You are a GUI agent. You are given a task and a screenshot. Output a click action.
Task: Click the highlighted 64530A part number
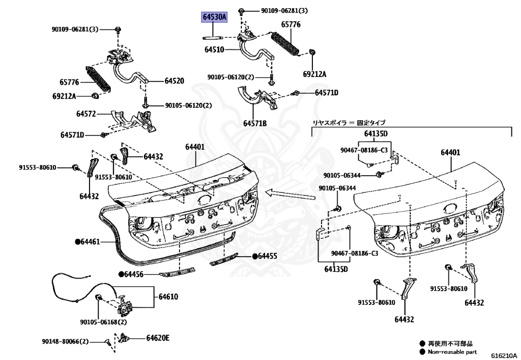214,17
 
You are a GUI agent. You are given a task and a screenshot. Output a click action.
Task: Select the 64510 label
214,50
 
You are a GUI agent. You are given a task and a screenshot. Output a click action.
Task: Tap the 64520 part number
174,80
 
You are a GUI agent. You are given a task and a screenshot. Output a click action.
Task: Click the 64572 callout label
86,114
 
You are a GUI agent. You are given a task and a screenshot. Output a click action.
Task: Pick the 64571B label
255,123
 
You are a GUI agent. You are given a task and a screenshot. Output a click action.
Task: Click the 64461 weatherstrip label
91,241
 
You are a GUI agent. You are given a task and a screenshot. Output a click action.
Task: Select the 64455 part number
268,256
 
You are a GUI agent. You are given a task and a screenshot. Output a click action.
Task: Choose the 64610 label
168,296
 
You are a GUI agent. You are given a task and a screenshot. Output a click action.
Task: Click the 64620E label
158,338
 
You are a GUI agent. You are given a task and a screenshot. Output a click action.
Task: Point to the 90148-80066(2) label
65,341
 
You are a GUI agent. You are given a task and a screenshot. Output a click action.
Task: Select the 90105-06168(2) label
103,322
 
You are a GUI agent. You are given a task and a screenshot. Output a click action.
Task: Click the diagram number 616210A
504,355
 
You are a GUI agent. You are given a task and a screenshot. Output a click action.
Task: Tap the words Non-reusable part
453,352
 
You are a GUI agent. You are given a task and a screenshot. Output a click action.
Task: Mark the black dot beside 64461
78,241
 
